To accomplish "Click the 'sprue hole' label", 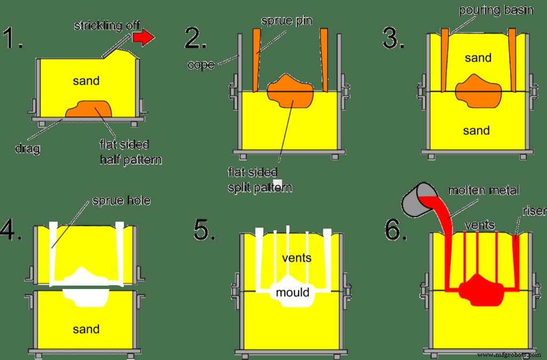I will (120, 201).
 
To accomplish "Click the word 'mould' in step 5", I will (292, 292).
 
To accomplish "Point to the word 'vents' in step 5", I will (297, 258).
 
